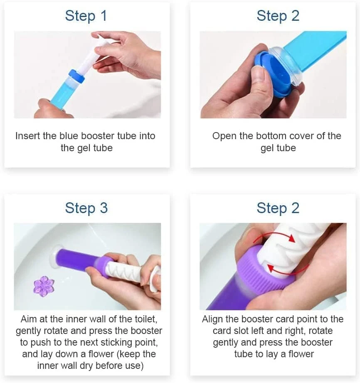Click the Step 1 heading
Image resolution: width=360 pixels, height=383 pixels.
coord(86,16)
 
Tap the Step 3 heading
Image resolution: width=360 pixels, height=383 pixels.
coord(86,208)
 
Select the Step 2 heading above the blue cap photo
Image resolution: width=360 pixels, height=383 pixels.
coord(278,16)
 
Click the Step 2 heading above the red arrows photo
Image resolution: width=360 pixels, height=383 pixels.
coord(278,208)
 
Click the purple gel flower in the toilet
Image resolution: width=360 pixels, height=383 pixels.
coord(44,286)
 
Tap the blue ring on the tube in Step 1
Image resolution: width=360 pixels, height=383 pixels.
coord(76,76)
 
